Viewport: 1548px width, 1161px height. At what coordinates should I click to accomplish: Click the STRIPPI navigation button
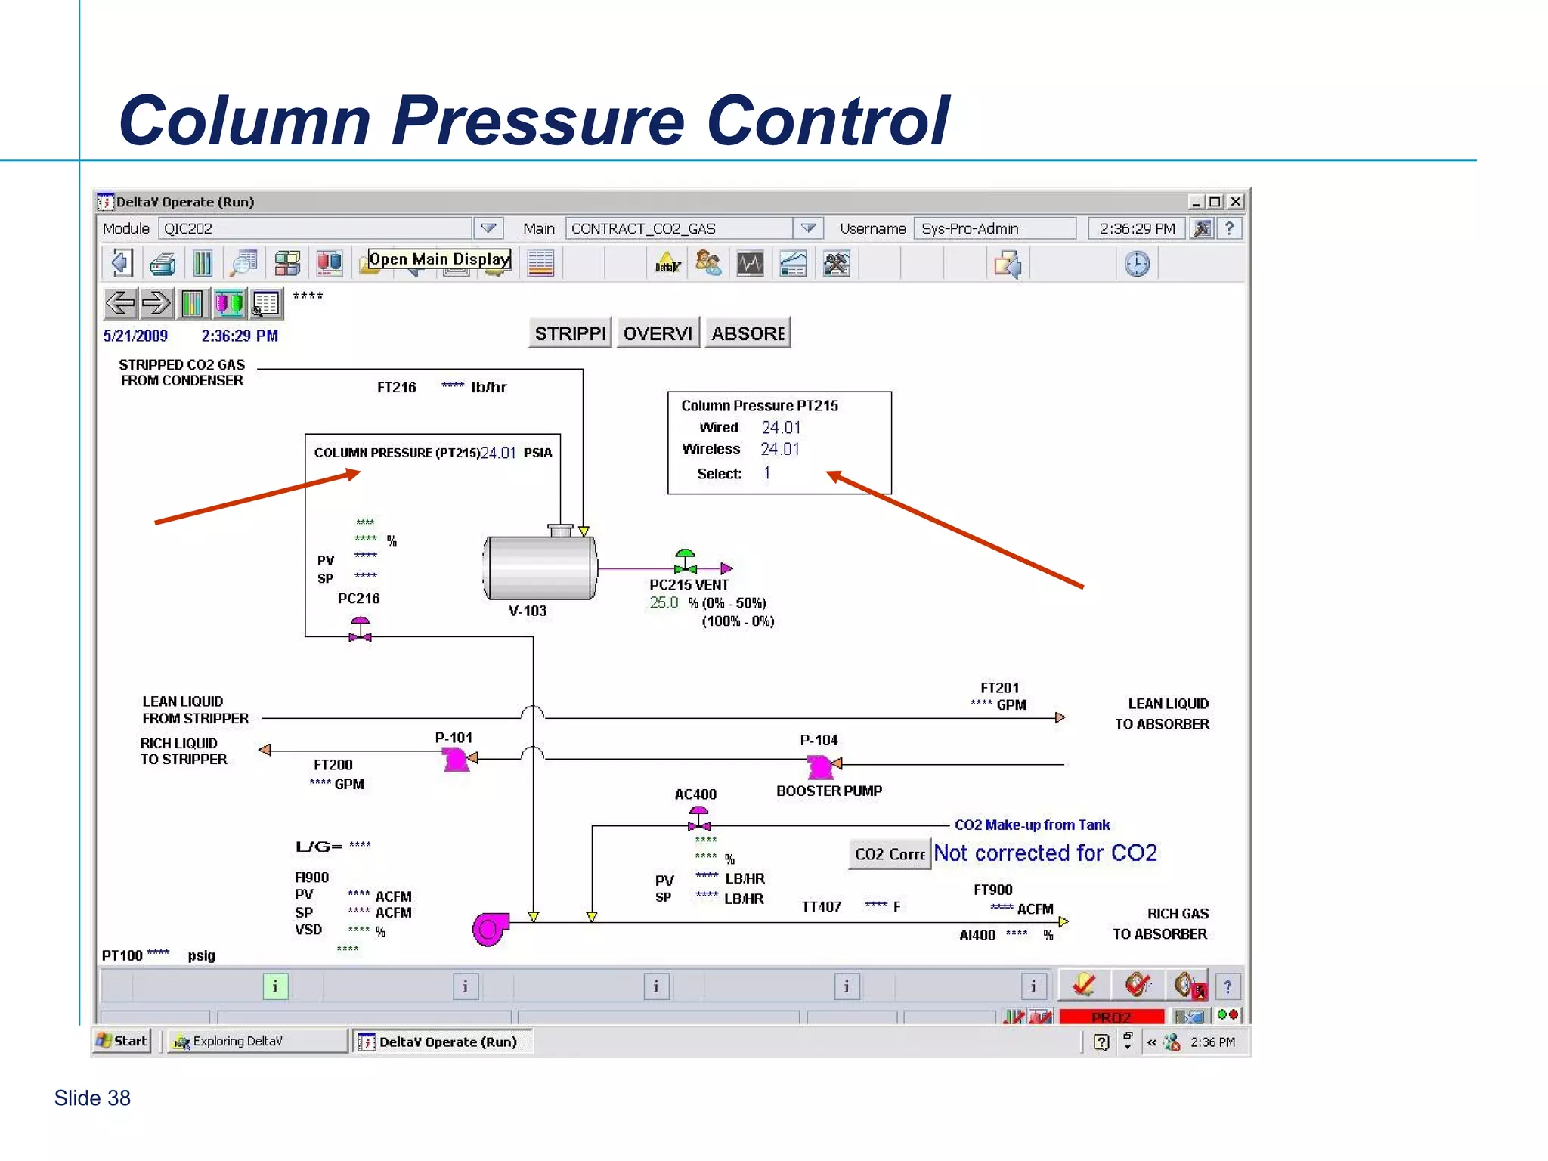pos(569,333)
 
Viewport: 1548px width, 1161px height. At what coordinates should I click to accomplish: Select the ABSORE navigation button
pos(747,333)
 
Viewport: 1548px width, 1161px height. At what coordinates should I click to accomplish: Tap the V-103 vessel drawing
pos(539,568)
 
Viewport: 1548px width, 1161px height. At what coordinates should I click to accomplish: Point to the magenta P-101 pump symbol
pos(456,759)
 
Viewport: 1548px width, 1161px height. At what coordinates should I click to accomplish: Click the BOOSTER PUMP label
pos(828,791)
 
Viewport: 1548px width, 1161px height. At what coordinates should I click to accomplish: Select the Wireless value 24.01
pos(779,449)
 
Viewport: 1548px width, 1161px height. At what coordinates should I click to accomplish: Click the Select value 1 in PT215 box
pos(766,473)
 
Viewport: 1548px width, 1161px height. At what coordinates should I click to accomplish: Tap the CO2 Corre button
pos(889,854)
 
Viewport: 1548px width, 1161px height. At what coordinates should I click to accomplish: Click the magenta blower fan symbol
pos(490,929)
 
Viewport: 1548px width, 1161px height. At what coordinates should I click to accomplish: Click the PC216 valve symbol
pos(361,630)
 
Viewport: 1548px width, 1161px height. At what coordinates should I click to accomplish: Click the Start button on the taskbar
pos(122,1041)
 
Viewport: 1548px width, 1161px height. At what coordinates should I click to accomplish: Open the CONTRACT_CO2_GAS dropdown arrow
pos(808,228)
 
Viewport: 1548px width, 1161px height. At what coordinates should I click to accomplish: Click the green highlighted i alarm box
pos(275,986)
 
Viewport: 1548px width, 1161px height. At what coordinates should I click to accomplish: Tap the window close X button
pos(1236,202)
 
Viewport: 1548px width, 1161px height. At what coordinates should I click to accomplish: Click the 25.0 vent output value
pos(664,603)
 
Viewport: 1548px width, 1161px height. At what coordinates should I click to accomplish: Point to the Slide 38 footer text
pos(92,1098)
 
